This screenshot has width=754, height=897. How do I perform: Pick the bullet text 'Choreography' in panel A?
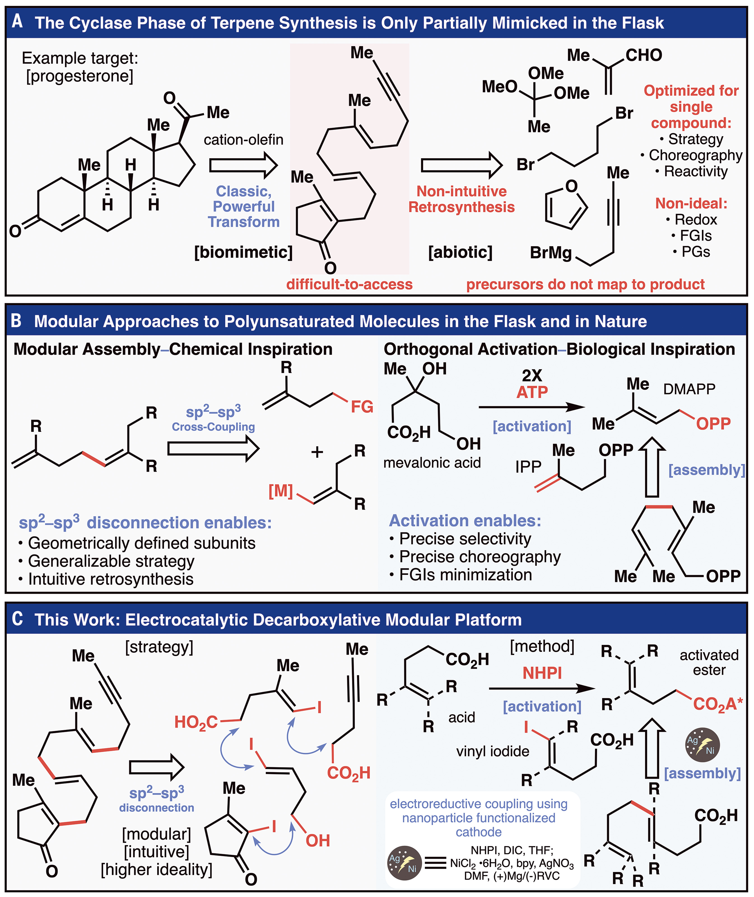coord(696,155)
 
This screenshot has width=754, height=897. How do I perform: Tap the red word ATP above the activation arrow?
coord(532,392)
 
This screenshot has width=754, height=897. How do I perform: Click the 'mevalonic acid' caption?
coord(432,463)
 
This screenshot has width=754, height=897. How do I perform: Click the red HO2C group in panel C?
coord(196,722)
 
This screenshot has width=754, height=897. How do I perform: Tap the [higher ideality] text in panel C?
coord(156,869)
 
